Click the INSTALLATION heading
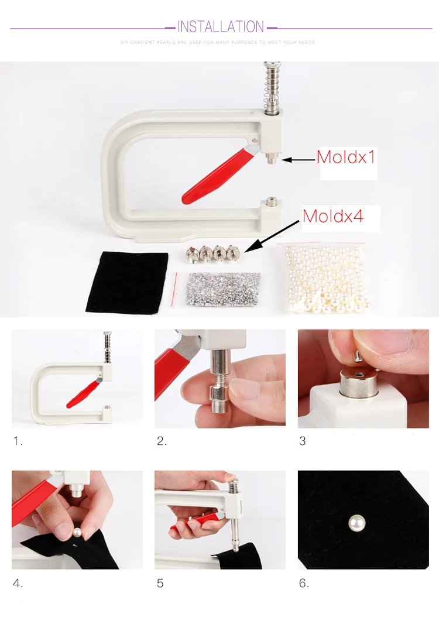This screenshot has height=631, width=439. [x=221, y=27]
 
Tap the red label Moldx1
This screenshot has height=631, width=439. [x=346, y=157]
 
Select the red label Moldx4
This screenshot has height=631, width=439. [x=333, y=216]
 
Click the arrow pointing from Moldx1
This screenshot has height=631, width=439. [x=299, y=160]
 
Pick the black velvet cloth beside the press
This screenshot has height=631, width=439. [x=127, y=282]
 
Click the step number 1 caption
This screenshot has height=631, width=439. [x=18, y=441]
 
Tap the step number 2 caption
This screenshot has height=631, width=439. [x=162, y=441]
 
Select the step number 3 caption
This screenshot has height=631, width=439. [x=303, y=441]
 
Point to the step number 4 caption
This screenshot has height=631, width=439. [x=18, y=583]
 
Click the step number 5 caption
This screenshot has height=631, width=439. [x=160, y=583]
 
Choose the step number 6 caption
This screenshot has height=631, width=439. [x=304, y=583]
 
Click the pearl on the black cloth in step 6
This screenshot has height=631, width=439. [x=356, y=524]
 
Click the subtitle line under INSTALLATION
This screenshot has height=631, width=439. [x=218, y=42]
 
